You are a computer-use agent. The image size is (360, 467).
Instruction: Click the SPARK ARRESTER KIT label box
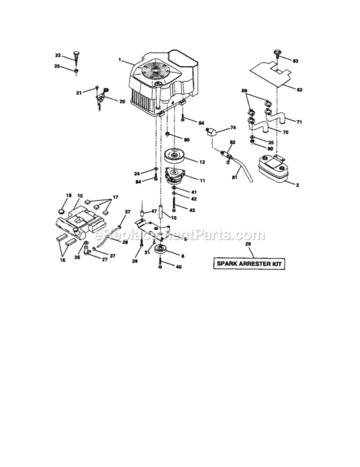coord(248,263)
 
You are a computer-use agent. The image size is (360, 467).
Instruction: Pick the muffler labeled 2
coord(271,167)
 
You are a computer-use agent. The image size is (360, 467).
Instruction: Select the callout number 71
coord(299,121)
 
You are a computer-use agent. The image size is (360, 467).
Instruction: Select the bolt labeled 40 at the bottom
coord(161,266)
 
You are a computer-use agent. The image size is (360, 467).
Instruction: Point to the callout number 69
coord(244,91)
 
